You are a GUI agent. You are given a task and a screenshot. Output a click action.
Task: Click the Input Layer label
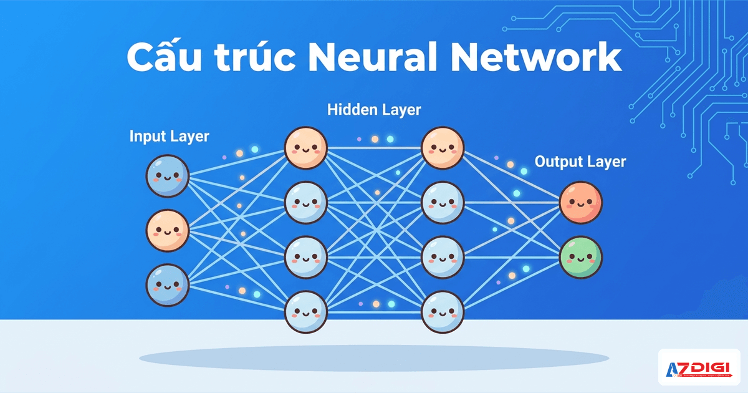point(169,136)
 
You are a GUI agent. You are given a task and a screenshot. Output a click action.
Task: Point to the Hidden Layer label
point(374,110)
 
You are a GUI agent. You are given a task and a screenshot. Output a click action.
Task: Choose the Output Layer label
point(580,162)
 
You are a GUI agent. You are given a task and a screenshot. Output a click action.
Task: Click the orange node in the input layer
point(167,231)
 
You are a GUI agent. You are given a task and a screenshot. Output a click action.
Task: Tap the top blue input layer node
point(167,177)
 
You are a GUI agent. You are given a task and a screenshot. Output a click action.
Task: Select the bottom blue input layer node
point(167,285)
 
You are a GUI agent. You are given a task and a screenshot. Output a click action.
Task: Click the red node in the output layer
point(581,202)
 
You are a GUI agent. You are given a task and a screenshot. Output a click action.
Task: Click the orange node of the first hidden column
point(306,148)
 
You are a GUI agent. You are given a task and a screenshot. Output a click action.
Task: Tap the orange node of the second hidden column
point(443,148)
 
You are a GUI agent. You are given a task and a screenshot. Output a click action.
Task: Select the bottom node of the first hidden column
point(306,312)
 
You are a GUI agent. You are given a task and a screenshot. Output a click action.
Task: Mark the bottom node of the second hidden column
point(443,312)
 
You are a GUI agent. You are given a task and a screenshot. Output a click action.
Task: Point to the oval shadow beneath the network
point(374,358)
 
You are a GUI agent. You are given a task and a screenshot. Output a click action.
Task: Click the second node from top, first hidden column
point(306,202)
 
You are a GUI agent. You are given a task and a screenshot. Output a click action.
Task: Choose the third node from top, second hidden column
point(443,257)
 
